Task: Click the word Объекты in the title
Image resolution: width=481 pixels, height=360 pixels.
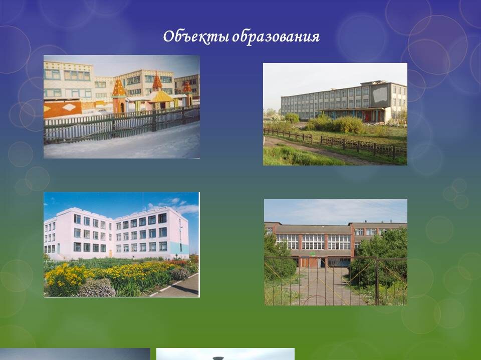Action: tap(196, 36)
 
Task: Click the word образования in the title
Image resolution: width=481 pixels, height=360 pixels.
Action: tap(276, 37)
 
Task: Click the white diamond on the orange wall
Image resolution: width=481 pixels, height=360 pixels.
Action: tap(69, 107)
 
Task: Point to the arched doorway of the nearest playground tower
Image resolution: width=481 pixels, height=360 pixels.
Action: tap(122, 107)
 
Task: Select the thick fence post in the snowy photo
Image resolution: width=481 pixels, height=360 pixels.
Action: tap(154, 120)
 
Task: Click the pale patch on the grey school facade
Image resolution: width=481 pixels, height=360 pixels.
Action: tap(379, 94)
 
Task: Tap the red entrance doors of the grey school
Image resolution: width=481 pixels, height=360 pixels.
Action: tap(368, 115)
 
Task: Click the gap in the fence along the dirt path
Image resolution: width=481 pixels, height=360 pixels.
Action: tap(316, 140)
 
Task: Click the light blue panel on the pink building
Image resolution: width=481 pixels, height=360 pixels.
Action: tap(179, 247)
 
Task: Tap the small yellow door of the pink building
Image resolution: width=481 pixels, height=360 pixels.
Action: tap(110, 253)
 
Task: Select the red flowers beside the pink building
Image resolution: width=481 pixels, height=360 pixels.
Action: tap(181, 261)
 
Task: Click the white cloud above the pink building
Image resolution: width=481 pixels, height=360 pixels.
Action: tap(185, 208)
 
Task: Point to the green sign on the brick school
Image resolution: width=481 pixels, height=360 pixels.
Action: tap(313, 253)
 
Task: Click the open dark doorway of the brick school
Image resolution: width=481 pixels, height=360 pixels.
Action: tap(322, 262)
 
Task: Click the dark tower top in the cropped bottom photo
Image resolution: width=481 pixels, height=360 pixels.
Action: tap(218, 358)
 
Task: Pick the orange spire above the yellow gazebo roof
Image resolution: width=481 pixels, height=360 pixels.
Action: tap(157, 80)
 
